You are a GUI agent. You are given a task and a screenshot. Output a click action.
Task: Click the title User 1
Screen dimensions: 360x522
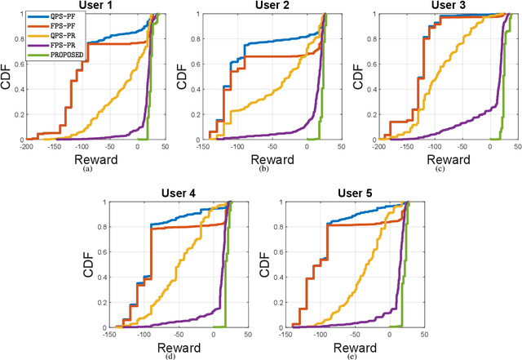(x=96, y=7)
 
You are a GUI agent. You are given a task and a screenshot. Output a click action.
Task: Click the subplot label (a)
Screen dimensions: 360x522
(x=87, y=170)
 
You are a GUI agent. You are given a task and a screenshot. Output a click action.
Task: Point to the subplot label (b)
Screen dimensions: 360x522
(x=263, y=170)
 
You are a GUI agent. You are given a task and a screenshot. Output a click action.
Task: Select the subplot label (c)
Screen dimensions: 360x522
(x=440, y=170)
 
